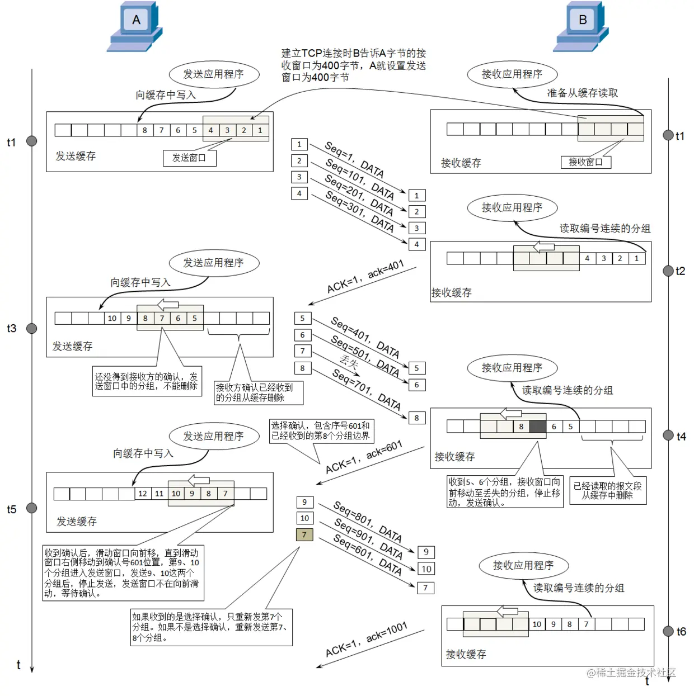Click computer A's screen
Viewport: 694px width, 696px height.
coord(136,20)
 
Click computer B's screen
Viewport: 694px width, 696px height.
coord(582,20)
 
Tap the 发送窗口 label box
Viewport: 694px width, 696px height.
coord(189,158)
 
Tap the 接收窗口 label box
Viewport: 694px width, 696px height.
coord(585,162)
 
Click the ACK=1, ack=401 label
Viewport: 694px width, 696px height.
coord(365,277)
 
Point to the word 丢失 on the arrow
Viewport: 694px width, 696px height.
coord(349,362)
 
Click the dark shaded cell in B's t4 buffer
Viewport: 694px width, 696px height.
coord(537,427)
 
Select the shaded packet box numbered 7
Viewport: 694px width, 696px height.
coord(304,534)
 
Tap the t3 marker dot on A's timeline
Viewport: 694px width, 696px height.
coord(32,328)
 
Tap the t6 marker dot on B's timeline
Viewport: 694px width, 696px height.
coord(668,631)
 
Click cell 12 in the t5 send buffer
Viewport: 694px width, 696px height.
coord(143,494)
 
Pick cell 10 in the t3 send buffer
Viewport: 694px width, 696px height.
coord(112,318)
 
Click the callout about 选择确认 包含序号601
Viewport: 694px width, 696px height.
coord(321,430)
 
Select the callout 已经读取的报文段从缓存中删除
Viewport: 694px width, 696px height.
coord(607,490)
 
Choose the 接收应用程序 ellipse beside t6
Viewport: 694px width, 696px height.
coord(523,565)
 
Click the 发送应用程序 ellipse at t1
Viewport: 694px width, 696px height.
coord(213,74)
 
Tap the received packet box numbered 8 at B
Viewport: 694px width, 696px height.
coord(416,418)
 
